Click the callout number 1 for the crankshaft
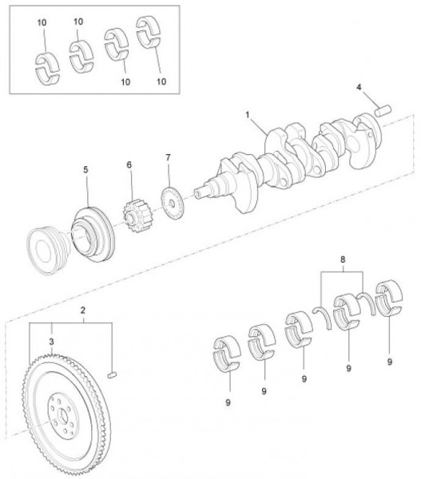click(248, 115)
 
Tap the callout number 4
click(359, 87)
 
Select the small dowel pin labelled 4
click(383, 110)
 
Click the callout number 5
click(85, 169)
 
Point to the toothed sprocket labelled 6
click(137, 216)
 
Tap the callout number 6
click(129, 165)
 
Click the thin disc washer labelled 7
click(172, 203)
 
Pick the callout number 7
click(168, 157)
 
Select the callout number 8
click(343, 259)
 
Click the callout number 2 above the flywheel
click(83, 311)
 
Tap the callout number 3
click(51, 342)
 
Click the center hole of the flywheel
click(64, 416)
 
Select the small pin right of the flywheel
click(113, 375)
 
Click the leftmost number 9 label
click(228, 402)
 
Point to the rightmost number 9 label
click(390, 362)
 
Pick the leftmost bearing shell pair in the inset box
click(47, 69)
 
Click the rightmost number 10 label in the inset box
click(161, 81)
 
